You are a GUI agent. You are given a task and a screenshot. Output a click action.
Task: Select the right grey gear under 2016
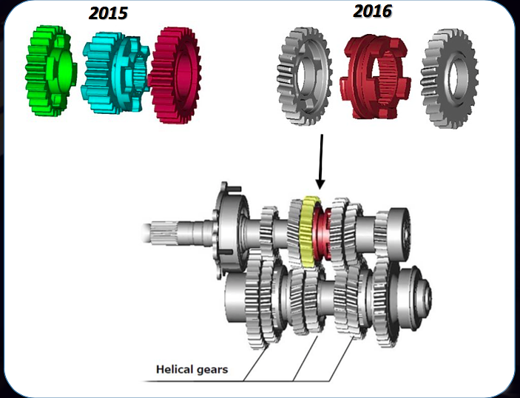click(x=450, y=77)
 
